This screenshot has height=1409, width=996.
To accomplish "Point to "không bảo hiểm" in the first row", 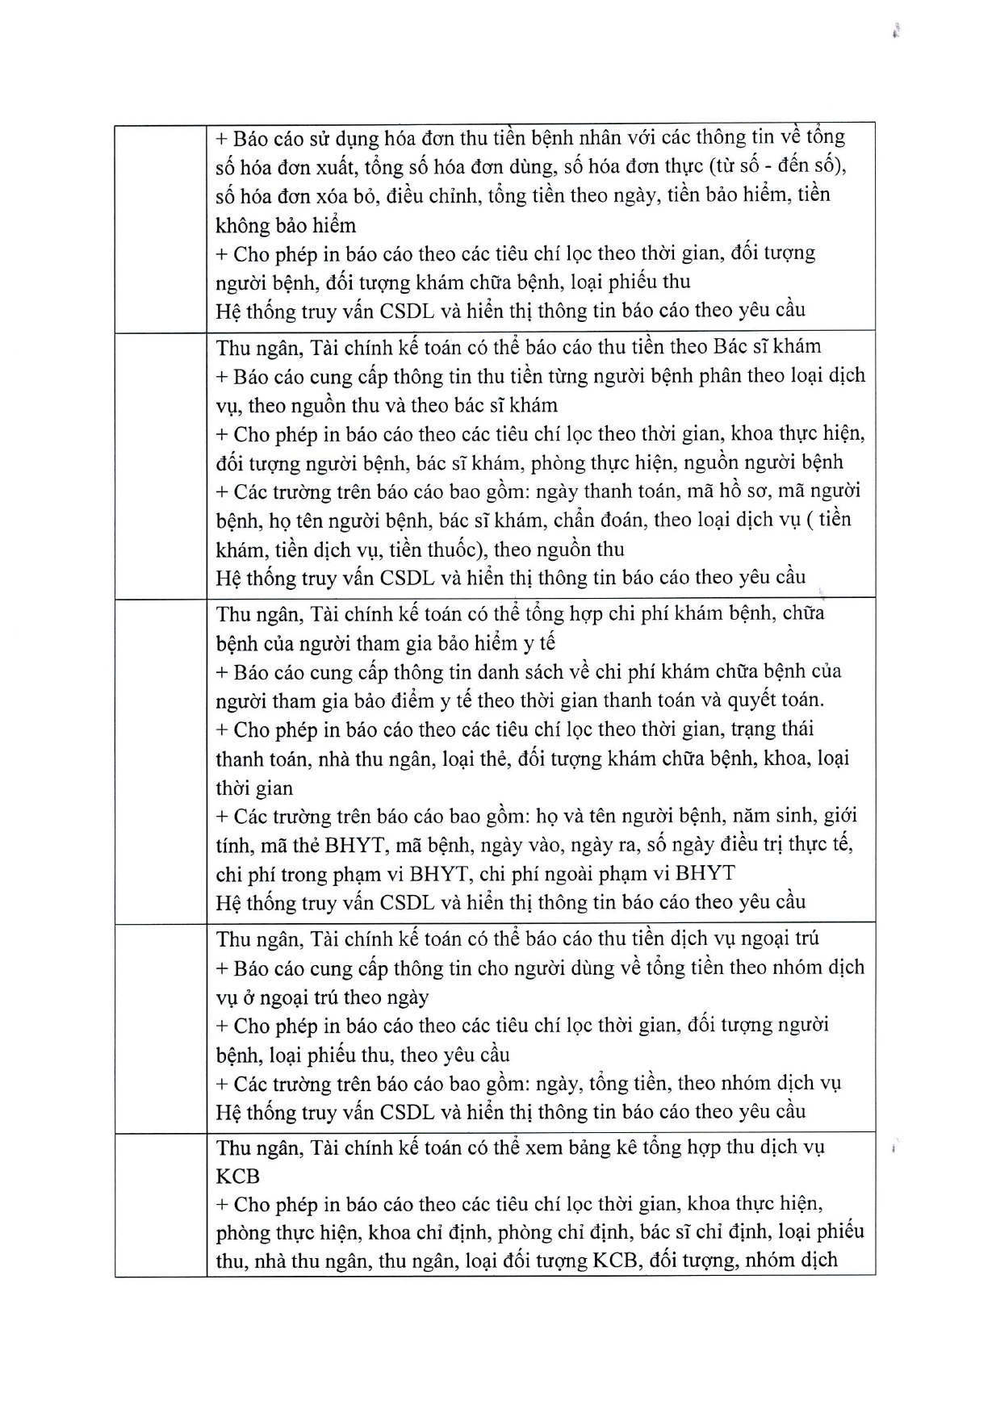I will point(286,225).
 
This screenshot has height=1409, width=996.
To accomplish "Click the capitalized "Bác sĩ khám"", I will point(767,347).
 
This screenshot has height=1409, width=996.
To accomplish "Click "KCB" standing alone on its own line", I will point(237,1176).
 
